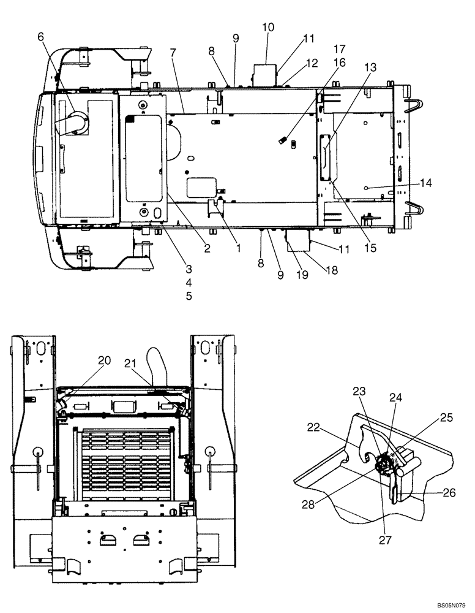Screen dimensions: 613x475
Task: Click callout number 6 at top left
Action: tap(41, 37)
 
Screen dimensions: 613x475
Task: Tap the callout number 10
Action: tap(268, 28)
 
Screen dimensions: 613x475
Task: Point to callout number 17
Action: tap(340, 48)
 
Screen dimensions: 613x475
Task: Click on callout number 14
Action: tap(425, 183)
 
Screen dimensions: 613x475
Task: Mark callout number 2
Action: tap(207, 248)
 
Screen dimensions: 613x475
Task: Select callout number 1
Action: tap(239, 248)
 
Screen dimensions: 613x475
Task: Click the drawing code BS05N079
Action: tap(450, 604)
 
